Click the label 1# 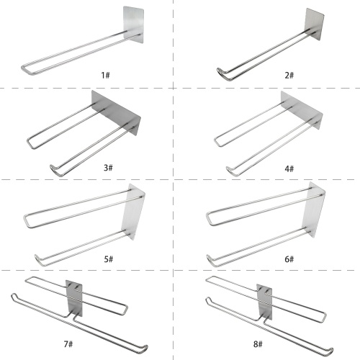pos(105,75)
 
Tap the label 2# pos(289,75)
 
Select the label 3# pos(108,168)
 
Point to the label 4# pos(289,168)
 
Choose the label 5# pos(109,259)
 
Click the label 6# pos(289,259)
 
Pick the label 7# pos(68,344)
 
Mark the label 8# pos(258,344)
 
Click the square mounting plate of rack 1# pos(133,24)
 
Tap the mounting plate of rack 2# pos(315,24)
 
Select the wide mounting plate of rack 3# pos(116,112)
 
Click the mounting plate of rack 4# pos(302,110)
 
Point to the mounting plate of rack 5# pos(133,211)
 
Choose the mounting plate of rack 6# pos(314,210)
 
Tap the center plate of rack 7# pos(74,298)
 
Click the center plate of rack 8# pos(264,302)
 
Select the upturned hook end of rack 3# pos(52,168)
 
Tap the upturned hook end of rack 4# pos(228,169)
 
